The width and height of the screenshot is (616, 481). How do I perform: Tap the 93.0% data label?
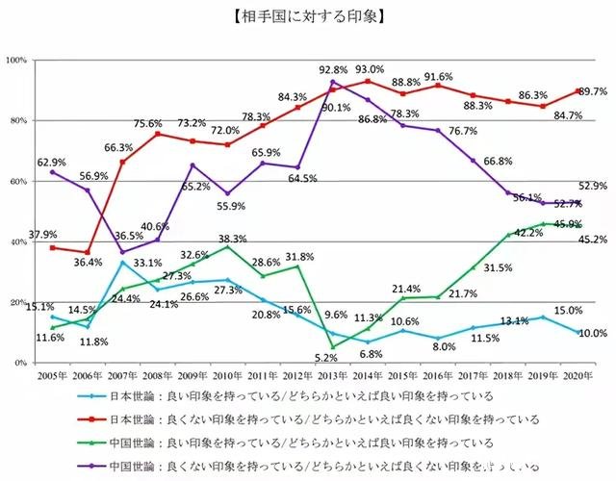tap(370, 69)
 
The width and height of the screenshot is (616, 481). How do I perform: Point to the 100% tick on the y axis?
tap(16, 61)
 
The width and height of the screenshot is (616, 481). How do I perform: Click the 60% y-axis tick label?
tap(18, 182)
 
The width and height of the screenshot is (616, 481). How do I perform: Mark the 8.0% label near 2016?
tap(444, 346)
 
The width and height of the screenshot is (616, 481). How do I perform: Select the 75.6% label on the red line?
tap(147, 123)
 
